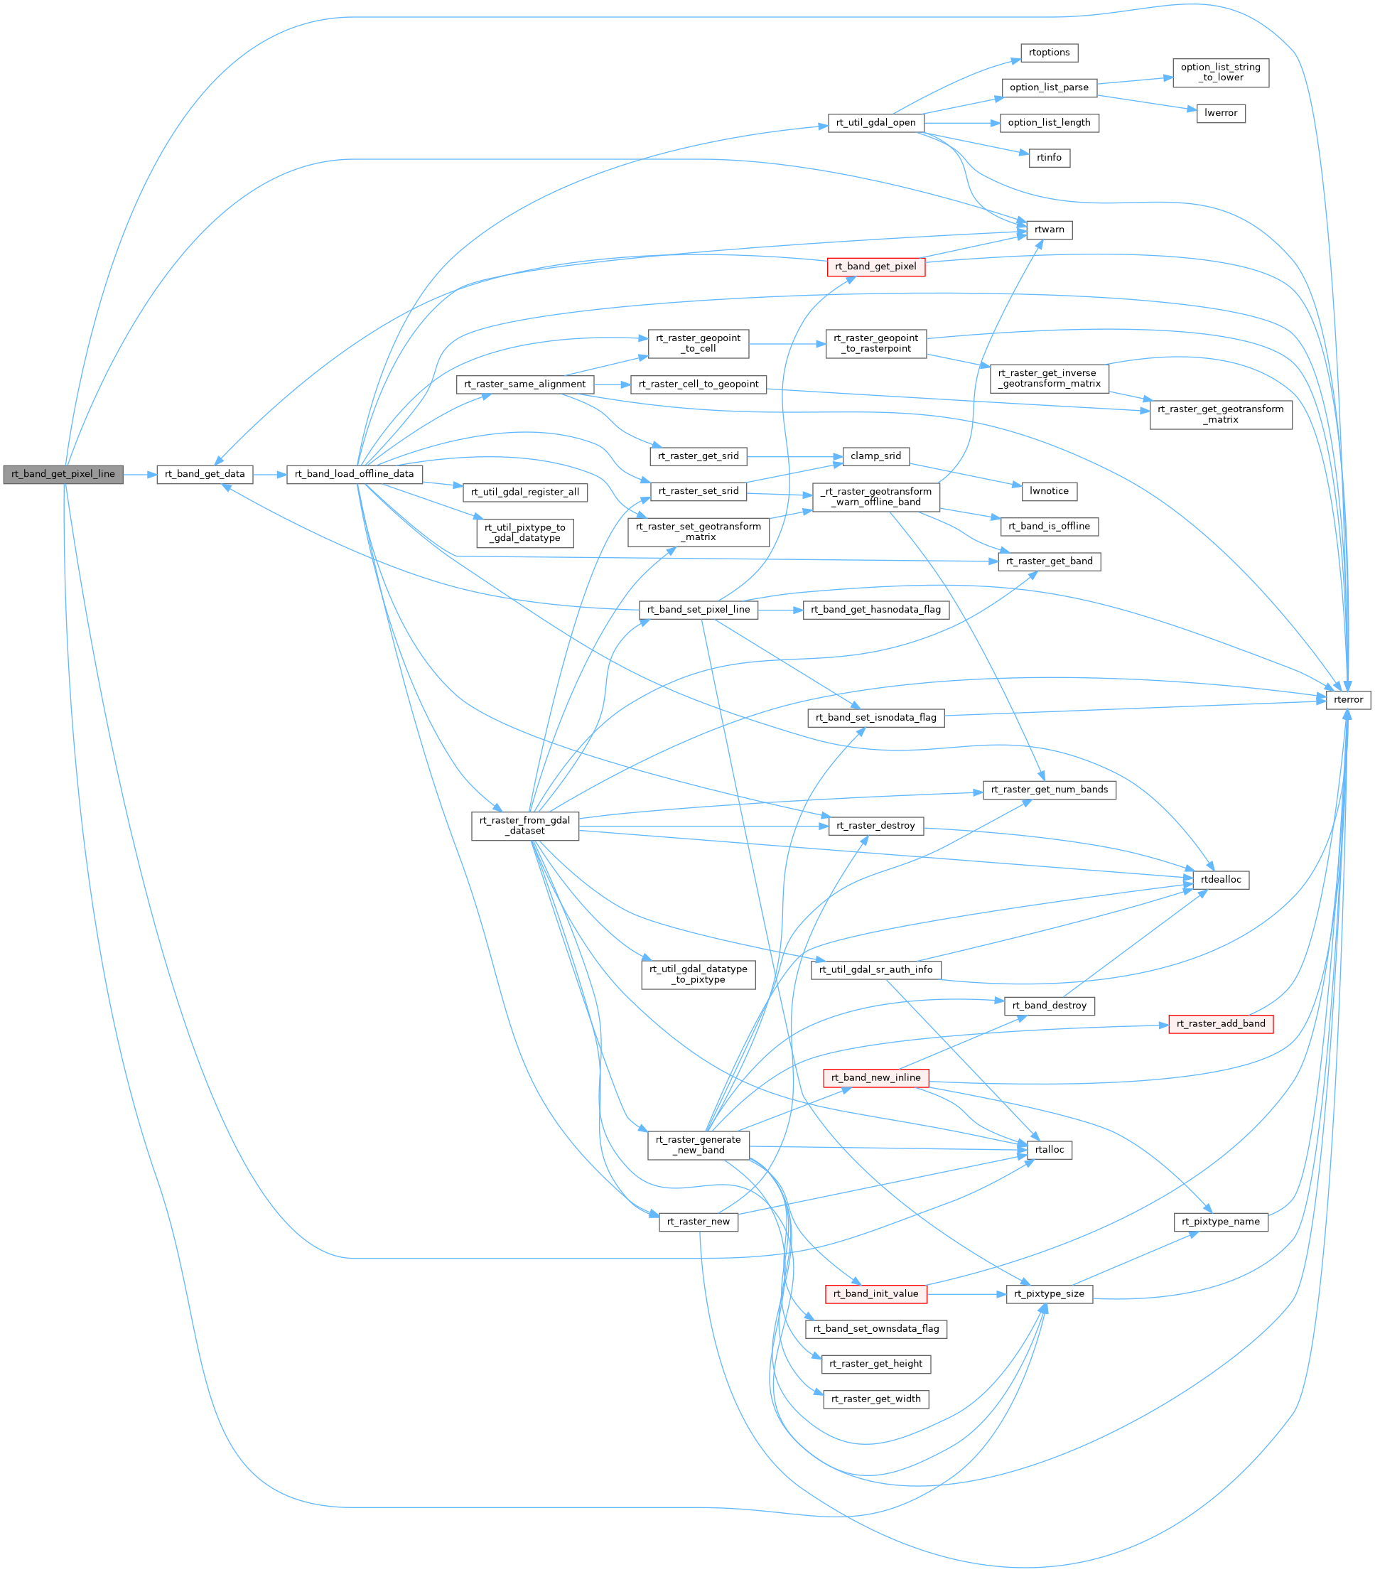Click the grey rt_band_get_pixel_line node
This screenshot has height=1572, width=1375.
point(63,474)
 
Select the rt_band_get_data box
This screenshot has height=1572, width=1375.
point(205,474)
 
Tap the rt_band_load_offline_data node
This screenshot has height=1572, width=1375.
point(354,474)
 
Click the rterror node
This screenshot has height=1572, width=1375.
point(1348,700)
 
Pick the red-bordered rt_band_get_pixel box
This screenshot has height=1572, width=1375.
point(875,267)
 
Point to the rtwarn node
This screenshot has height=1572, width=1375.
point(1049,230)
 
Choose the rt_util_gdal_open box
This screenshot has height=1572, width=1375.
point(875,123)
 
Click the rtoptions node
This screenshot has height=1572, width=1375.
point(1049,53)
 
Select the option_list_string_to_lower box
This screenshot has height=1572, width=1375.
point(1220,73)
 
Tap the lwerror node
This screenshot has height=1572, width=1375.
point(1220,113)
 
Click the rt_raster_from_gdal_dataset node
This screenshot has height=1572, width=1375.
point(525,826)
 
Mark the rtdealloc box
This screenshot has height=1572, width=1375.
point(1220,880)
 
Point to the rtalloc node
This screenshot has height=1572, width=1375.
point(1049,1149)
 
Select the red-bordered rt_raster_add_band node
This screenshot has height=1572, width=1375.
point(1220,1023)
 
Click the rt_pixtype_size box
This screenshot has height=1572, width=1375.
point(1049,1293)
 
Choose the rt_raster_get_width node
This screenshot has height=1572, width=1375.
point(875,1399)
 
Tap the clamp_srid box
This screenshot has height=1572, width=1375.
point(875,456)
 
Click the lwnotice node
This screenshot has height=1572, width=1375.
point(1049,491)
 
